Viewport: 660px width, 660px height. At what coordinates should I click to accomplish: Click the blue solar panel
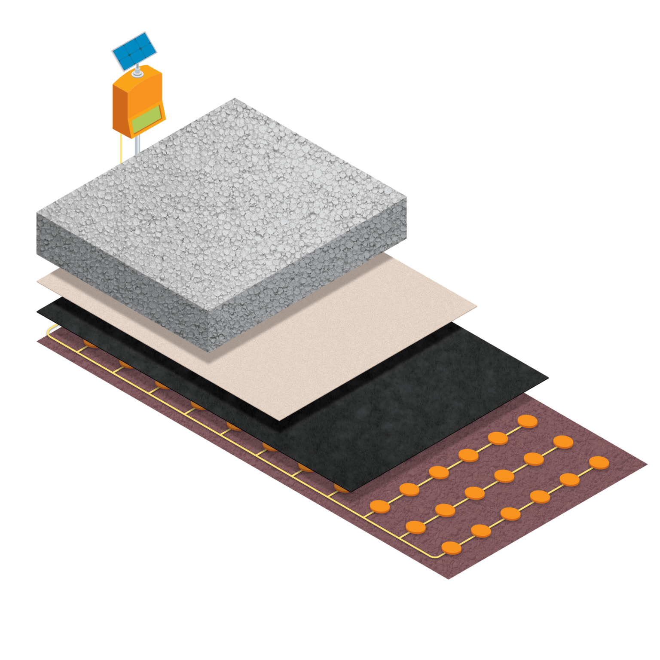point(134,51)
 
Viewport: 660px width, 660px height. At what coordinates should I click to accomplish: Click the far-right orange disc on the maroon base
point(599,463)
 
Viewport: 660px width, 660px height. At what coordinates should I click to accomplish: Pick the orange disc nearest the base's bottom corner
point(451,548)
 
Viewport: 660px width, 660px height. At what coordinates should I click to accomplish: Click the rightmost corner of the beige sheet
point(477,306)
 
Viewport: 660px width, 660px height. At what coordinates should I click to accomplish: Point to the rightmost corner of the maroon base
point(647,464)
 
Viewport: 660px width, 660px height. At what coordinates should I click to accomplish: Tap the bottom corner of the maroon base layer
point(448,579)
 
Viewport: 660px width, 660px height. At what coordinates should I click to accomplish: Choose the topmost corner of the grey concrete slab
point(234,98)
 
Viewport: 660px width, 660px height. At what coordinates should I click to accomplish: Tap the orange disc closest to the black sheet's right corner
point(528,422)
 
